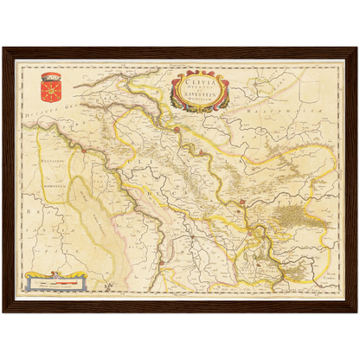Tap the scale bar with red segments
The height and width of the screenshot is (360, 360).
coord(57,281)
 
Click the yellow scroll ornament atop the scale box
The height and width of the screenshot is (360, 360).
coord(57,274)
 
